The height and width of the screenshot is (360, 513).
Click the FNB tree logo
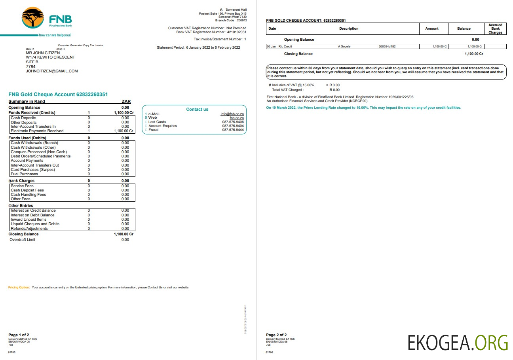33,18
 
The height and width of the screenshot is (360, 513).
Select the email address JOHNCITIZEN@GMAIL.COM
52,71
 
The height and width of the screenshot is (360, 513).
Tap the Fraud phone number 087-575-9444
233,130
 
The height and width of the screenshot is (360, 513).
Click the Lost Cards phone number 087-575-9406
233,122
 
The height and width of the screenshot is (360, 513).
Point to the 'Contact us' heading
197,110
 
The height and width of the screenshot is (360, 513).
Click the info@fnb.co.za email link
232,114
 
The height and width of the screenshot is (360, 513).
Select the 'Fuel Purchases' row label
25,174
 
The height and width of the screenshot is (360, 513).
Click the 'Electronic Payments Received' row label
37,131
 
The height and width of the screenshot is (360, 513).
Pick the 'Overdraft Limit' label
23,240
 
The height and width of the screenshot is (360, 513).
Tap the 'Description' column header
349,28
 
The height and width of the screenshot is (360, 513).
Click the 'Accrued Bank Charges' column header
495,29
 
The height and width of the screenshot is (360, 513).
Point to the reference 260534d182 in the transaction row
387,47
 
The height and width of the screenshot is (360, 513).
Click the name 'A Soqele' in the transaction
344,47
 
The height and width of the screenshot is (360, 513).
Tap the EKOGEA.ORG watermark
458,343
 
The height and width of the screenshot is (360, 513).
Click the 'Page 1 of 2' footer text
19,335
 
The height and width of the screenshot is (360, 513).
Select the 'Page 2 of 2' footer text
276,335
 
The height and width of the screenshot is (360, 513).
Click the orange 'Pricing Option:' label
19,287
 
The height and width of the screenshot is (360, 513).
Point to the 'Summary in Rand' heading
27,102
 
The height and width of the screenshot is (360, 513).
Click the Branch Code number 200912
241,20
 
